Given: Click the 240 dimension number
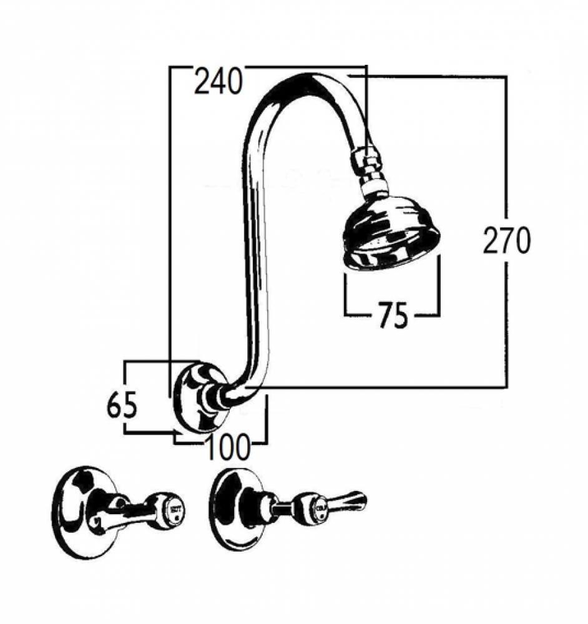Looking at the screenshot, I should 217,82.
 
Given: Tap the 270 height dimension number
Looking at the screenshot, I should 506,240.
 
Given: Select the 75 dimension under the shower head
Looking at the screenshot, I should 392,315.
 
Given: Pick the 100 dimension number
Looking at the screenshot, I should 227,447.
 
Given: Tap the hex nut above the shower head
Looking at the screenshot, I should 366,159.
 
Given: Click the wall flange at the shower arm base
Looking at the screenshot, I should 197,398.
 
